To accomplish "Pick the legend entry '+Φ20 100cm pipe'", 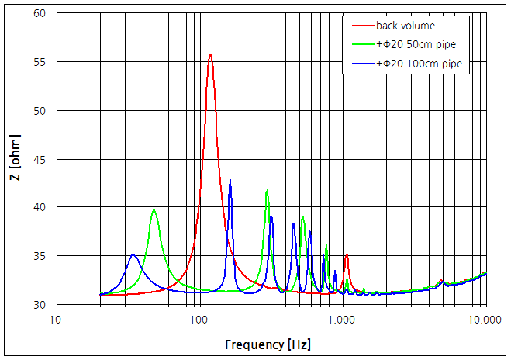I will (x=420, y=64).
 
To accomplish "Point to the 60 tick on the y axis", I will (x=40, y=14).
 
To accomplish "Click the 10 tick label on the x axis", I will (x=55, y=320).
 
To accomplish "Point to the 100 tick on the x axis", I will (x=199, y=320).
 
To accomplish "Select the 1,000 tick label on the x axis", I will (x=341, y=320).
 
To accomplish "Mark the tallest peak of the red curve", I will (x=210, y=54).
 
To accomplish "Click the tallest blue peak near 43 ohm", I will (x=230, y=180).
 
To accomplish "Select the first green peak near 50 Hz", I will (x=154, y=210).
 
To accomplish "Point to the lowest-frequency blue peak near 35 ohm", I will (x=133, y=255).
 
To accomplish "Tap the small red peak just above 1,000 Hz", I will (x=347, y=254).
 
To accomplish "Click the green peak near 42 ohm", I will (x=267, y=190).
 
